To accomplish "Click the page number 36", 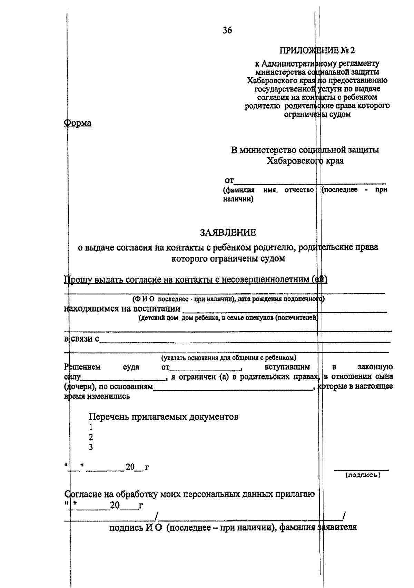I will point(227,31).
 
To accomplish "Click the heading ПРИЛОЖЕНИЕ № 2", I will point(317,50).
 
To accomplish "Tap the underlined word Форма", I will point(78,123).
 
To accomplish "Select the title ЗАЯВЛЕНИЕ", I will point(228,233).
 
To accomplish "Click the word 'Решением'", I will point(82,367).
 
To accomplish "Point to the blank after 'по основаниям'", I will point(233,389).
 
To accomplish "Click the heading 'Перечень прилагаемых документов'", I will point(164,417).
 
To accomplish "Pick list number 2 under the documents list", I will point(91,437).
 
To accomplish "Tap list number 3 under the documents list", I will point(91,447).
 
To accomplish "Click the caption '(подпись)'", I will point(363,475).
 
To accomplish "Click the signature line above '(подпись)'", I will point(361,469).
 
